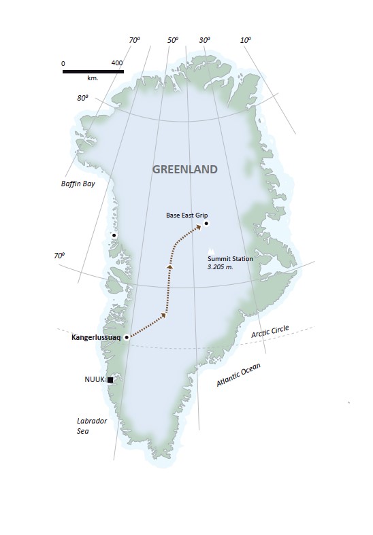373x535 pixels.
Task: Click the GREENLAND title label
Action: (x=184, y=169)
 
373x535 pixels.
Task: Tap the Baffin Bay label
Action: (x=79, y=184)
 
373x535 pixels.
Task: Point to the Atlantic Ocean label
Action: (x=238, y=375)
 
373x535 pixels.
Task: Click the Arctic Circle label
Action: (x=270, y=331)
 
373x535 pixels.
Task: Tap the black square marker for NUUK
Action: (x=110, y=380)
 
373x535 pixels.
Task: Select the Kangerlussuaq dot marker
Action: (x=127, y=336)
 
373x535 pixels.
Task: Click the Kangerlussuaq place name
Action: (x=96, y=336)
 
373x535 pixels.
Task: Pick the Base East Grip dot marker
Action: (x=206, y=223)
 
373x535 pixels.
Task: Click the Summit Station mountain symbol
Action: (x=210, y=249)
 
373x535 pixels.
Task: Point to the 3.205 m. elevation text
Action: (x=224, y=267)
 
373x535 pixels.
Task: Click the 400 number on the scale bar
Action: (x=116, y=63)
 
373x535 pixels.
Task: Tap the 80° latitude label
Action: (x=82, y=98)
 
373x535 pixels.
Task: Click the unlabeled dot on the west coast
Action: (x=114, y=235)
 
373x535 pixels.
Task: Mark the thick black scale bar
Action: (x=93, y=71)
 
